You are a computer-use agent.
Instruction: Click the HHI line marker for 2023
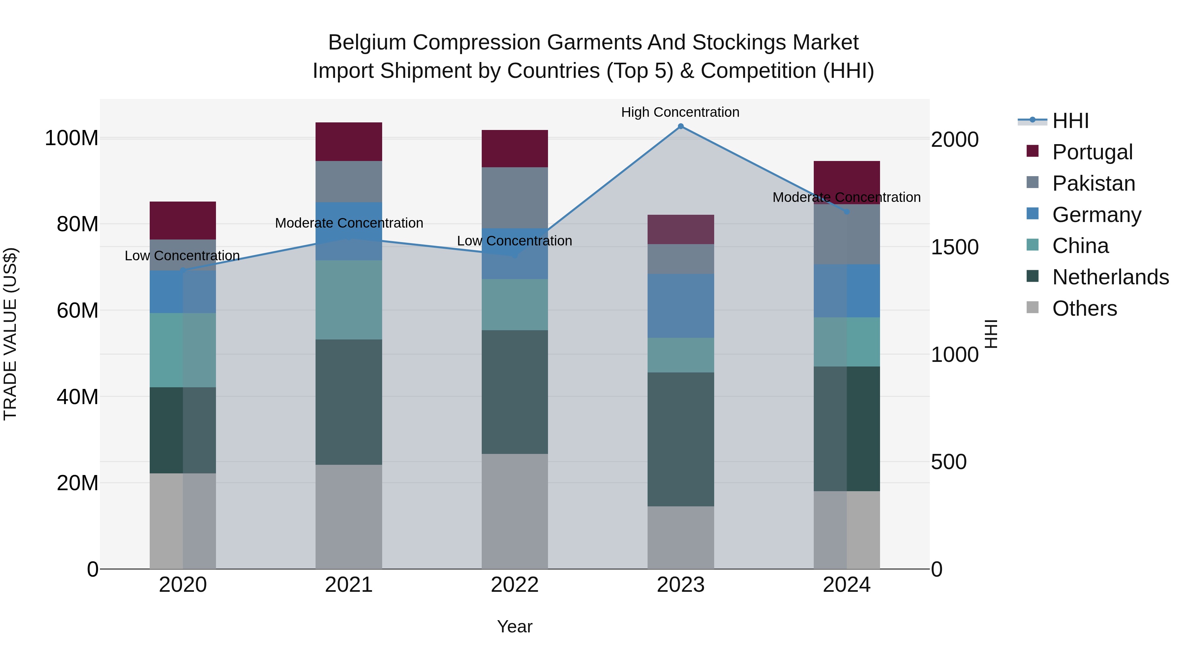[681, 126]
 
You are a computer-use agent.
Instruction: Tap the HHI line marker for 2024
[846, 211]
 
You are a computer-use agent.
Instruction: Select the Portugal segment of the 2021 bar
[349, 142]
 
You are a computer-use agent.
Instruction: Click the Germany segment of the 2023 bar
[681, 306]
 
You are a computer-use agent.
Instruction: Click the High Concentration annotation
[680, 112]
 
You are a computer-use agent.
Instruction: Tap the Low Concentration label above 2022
[514, 241]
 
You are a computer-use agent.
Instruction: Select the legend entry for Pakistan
[1093, 183]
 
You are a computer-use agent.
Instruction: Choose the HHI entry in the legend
[1070, 121]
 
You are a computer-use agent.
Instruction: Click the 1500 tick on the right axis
[954, 247]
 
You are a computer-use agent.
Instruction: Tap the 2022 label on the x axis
[515, 585]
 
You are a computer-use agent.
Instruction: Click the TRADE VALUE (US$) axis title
[10, 334]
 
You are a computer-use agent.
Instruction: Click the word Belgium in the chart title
[367, 43]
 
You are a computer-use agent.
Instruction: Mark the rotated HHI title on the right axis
[991, 334]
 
